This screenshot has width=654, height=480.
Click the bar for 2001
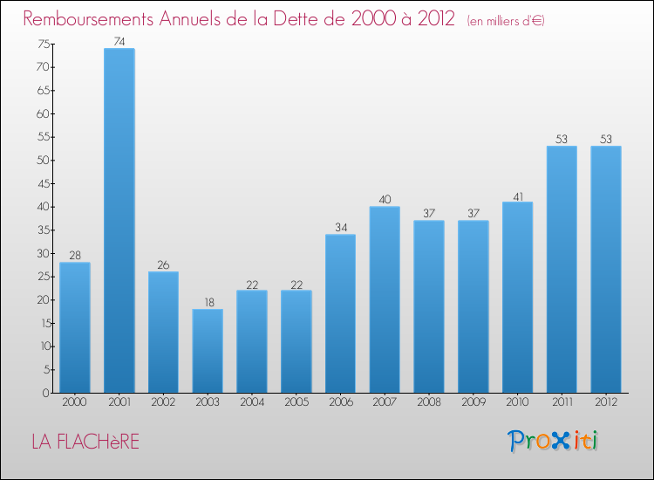pyautogui.click(x=119, y=220)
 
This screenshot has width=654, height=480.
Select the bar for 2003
pyautogui.click(x=208, y=351)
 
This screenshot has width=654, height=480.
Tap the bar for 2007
pyautogui.click(x=385, y=299)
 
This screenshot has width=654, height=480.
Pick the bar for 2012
pyautogui.click(x=606, y=269)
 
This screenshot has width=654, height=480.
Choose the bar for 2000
pyautogui.click(x=75, y=327)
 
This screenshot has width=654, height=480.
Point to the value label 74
pyautogui.click(x=119, y=41)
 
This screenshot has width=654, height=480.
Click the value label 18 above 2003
pyautogui.click(x=208, y=302)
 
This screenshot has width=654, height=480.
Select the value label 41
pyautogui.click(x=517, y=195)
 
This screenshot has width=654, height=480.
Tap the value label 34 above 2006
pyautogui.click(x=340, y=228)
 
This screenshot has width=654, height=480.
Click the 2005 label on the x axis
pyautogui.click(x=296, y=403)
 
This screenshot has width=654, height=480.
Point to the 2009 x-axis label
pyautogui.click(x=473, y=403)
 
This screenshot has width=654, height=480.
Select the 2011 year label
pyautogui.click(x=562, y=403)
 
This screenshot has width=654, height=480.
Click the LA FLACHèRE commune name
pyautogui.click(x=85, y=442)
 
